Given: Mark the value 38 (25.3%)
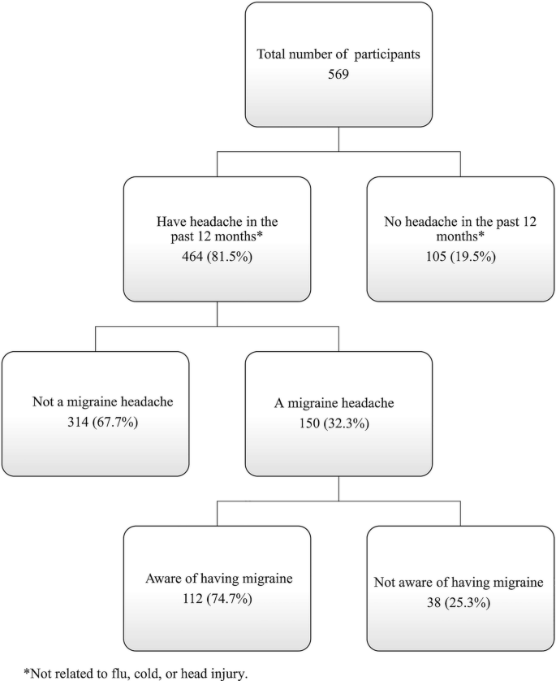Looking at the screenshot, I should pyautogui.click(x=460, y=600).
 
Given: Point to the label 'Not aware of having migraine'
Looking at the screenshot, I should pyautogui.click(x=460, y=583).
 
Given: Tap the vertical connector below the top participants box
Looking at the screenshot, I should pyautogui.click(x=338, y=138).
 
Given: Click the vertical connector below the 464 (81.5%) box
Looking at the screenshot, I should pyautogui.click(x=217, y=313).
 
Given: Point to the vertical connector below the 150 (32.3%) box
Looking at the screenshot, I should pyautogui.click(x=338, y=488).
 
